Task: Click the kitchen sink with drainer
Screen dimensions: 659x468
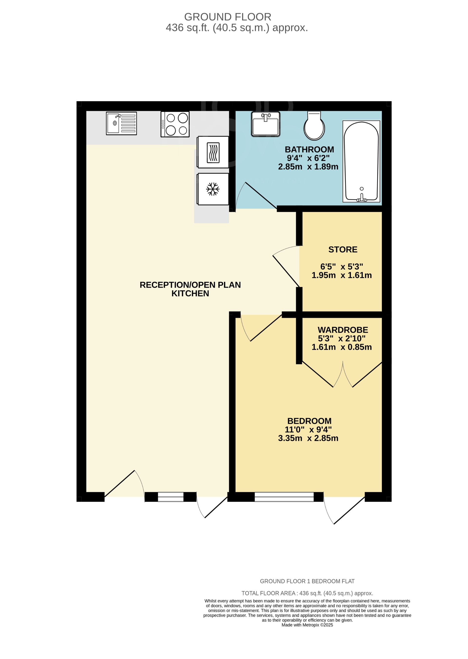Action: click(121, 123)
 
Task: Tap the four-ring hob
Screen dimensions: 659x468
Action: click(175, 124)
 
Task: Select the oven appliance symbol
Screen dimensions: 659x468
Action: click(213, 152)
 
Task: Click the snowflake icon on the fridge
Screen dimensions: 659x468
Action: click(213, 189)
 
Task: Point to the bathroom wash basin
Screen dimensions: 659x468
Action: click(265, 124)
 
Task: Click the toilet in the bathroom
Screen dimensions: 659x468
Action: click(314, 126)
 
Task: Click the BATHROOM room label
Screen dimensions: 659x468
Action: click(309, 149)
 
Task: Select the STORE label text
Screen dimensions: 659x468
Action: click(343, 249)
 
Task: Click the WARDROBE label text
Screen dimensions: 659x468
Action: click(343, 330)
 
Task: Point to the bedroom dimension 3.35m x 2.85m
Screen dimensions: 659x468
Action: click(308, 438)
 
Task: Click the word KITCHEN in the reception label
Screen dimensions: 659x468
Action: click(190, 293)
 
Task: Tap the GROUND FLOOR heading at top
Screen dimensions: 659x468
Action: click(228, 17)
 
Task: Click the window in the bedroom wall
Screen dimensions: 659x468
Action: click(284, 497)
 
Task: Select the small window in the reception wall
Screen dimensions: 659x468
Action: click(171, 497)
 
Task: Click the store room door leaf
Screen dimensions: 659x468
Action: click(286, 271)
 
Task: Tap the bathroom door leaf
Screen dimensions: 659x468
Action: click(261, 195)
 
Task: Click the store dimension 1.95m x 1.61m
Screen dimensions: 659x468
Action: click(341, 275)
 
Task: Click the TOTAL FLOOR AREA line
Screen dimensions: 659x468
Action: click(307, 593)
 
